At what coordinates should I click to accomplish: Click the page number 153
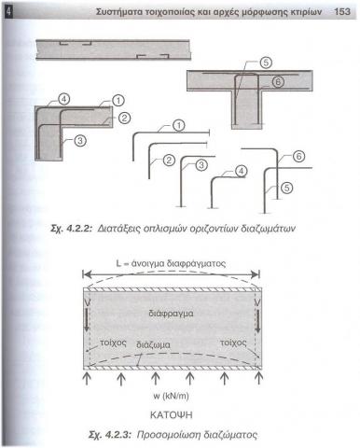coord(342,12)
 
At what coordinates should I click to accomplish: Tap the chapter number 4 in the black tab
coord(8,12)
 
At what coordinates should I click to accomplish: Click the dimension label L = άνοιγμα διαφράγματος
coord(171,264)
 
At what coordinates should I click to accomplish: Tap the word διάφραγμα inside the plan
coord(171,314)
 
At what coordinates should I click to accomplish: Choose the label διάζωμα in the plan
coord(153,345)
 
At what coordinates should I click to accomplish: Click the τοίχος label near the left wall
coord(113,343)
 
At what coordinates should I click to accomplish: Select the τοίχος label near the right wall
coord(233,343)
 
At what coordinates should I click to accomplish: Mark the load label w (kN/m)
coord(171,396)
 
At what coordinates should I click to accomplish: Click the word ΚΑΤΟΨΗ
coord(172,414)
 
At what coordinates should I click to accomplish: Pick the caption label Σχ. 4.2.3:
coord(110,435)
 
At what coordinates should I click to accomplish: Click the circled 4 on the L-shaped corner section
coord(63,99)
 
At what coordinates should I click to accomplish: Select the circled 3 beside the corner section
coord(80,141)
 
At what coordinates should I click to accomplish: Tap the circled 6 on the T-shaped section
coord(278,82)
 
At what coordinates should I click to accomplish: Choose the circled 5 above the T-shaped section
coord(266,63)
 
